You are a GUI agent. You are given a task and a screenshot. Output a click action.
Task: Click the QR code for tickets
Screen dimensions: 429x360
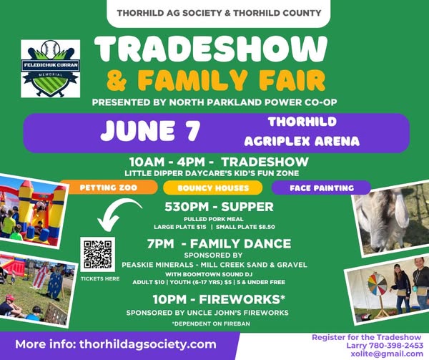[x=98, y=254]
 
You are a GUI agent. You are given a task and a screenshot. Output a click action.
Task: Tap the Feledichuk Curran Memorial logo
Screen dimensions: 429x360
[x=51, y=69]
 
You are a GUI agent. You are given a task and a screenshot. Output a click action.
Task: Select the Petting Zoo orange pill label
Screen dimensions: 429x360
[x=109, y=188]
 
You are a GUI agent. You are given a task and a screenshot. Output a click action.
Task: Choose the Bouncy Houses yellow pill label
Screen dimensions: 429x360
[x=213, y=188]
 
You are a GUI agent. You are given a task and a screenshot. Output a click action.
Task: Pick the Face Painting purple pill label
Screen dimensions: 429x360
[x=321, y=188]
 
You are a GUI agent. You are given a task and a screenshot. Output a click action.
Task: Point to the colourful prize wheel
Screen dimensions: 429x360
[x=378, y=285]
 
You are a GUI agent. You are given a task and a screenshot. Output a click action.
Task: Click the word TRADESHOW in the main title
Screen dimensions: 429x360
[x=211, y=49]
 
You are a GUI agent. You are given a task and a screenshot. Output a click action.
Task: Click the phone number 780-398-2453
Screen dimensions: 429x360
[x=396, y=346]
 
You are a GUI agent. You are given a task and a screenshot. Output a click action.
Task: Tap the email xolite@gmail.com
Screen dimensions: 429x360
[x=387, y=354]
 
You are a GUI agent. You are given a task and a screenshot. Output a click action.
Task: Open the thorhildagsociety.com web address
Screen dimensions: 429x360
[x=148, y=344]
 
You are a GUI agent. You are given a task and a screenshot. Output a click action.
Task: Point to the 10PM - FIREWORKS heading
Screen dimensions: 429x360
[x=219, y=299]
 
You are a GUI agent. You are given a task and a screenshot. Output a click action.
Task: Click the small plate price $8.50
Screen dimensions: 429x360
[x=266, y=227]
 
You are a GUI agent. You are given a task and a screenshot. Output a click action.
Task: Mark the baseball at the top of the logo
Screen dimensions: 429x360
[x=50, y=49]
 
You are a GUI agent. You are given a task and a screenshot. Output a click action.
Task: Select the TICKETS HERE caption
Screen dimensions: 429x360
[x=100, y=278]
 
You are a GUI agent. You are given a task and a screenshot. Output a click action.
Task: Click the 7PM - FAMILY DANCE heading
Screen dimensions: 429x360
[x=219, y=243]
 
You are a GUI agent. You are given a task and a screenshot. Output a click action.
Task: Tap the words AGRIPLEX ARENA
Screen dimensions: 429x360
[x=302, y=141]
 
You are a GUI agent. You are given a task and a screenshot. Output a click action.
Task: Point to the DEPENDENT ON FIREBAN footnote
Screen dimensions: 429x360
[x=211, y=323]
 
